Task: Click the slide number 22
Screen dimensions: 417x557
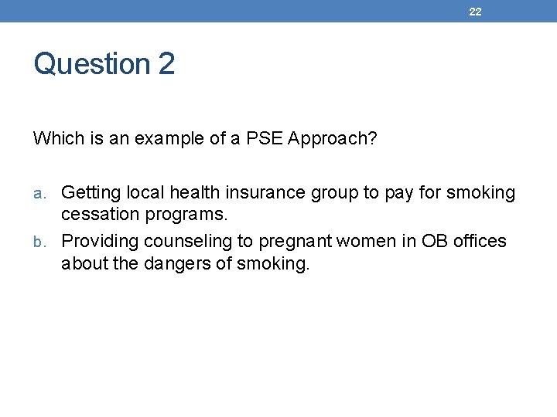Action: coord(475,12)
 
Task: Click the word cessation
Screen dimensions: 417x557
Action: coord(98,214)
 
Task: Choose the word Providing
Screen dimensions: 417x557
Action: coord(97,242)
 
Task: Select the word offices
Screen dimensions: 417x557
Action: coord(480,241)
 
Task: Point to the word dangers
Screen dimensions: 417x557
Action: coord(179,264)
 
